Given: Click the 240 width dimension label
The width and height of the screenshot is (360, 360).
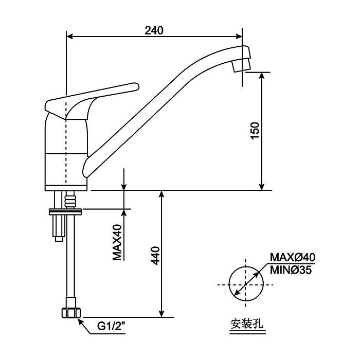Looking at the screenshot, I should pyautogui.click(x=154, y=30).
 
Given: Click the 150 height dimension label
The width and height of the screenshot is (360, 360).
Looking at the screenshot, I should pyautogui.click(x=256, y=131).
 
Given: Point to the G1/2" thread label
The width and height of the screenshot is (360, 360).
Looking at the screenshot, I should pyautogui.click(x=112, y=326).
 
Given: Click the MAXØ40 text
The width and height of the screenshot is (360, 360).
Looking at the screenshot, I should pyautogui.click(x=293, y=257).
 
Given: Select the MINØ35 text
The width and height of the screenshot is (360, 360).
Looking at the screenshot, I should pyautogui.click(x=291, y=269).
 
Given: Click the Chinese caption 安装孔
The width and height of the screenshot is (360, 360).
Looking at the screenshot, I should pyautogui.click(x=243, y=324).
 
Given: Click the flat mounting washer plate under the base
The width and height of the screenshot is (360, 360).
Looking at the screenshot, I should pyautogui.click(x=65, y=210).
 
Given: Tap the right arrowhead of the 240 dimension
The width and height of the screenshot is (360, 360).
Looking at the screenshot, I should pyautogui.click(x=239, y=37).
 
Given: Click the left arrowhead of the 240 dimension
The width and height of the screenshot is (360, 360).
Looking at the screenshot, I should pyautogui.click(x=71, y=37).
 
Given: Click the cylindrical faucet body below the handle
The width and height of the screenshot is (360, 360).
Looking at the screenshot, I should pyautogui.click(x=66, y=154).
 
